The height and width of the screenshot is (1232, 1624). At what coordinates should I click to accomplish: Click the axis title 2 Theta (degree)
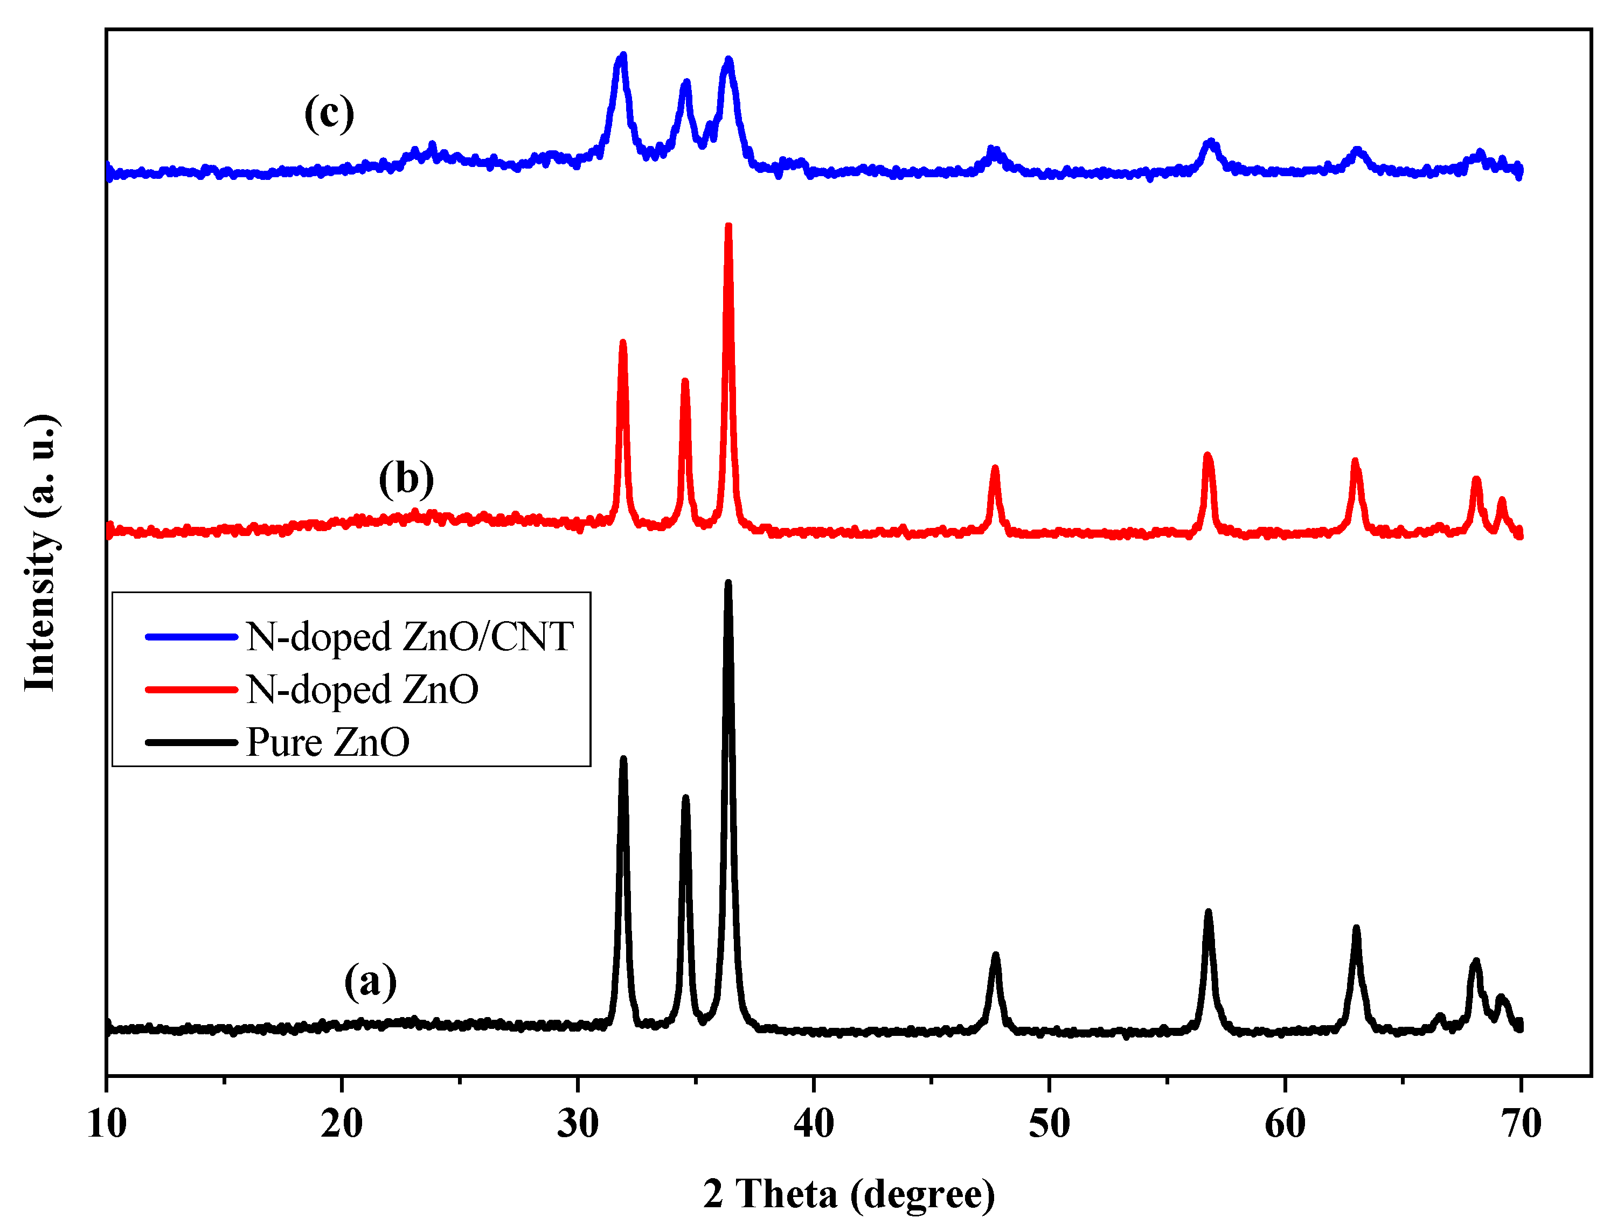pos(849,1193)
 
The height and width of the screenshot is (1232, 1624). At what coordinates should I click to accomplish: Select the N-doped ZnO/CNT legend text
pos(409,636)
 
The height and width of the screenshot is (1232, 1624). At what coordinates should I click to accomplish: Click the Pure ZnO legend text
pos(328,742)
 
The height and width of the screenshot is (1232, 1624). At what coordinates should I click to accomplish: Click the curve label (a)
pos(370,981)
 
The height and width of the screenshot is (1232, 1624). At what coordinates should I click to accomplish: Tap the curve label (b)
pos(406,479)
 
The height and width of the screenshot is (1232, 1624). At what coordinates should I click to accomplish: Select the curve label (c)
pos(329,114)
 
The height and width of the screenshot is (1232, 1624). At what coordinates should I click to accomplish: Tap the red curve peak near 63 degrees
pos(1355,461)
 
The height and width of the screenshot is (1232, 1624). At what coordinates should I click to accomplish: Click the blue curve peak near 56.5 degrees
pos(1211,141)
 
